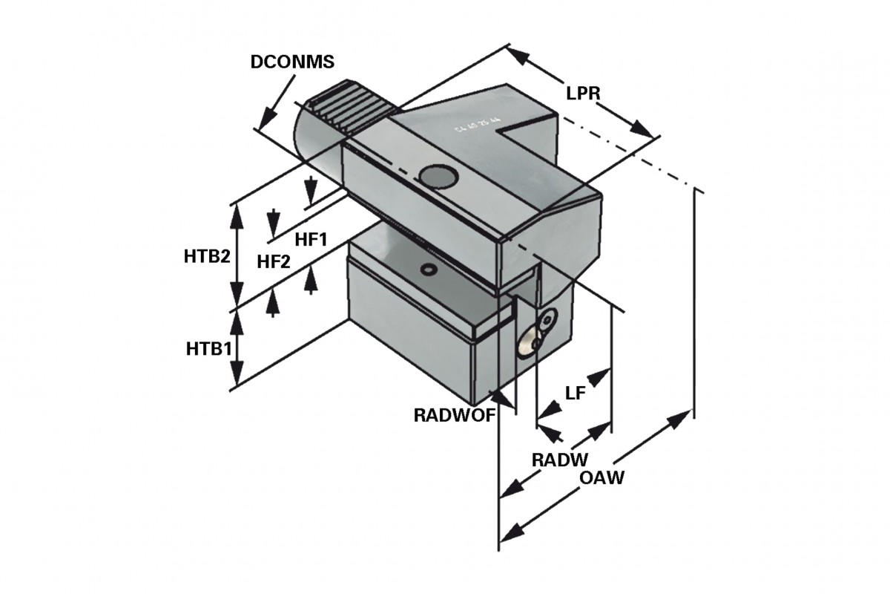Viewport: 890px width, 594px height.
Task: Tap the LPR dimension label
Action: click(582, 94)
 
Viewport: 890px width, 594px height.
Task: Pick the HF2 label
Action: click(274, 261)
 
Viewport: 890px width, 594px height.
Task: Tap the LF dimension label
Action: click(576, 394)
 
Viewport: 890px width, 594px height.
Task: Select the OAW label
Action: click(601, 478)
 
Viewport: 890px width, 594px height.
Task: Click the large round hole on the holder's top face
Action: click(436, 176)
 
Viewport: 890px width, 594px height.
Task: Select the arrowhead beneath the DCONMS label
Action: click(265, 120)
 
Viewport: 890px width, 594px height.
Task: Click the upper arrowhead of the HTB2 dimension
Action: click(237, 211)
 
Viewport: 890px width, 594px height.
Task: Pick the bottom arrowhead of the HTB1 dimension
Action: click(237, 377)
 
